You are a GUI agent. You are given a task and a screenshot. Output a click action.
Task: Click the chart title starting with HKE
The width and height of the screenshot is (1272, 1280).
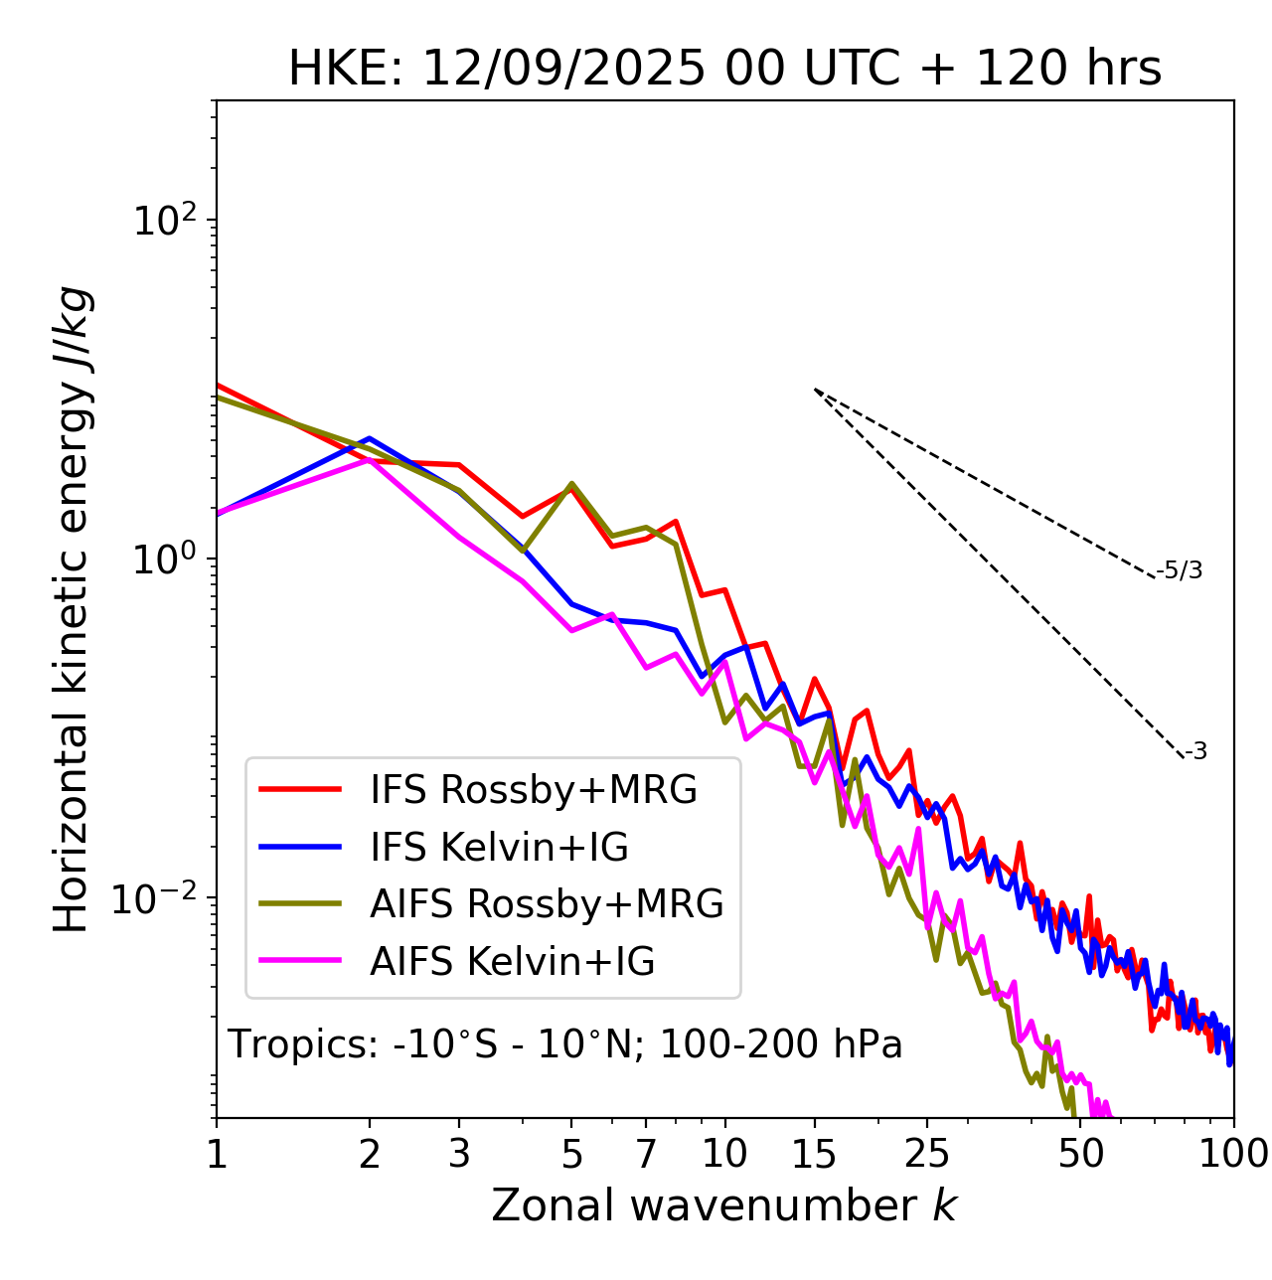[x=724, y=69]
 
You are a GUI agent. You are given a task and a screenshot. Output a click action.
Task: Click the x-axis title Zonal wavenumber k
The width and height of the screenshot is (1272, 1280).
[x=723, y=1204]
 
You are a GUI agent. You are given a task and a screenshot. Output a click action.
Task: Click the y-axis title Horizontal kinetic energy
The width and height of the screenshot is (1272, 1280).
[x=72, y=609]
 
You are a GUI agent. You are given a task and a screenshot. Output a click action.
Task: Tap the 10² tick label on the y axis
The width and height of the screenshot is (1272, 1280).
[x=163, y=220]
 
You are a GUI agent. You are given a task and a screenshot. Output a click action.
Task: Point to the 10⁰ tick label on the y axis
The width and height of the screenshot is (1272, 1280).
[x=163, y=560]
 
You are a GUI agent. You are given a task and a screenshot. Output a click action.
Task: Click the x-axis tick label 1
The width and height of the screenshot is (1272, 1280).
[x=217, y=1154]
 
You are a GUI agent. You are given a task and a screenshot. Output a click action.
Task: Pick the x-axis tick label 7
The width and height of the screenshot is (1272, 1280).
[x=646, y=1154]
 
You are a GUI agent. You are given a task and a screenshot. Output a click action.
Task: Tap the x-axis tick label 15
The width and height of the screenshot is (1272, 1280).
[x=814, y=1154]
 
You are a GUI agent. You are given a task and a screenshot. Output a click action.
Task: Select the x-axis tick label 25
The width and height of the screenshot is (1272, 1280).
[x=926, y=1154]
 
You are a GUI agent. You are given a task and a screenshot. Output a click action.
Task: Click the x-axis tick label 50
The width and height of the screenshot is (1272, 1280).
[x=1080, y=1154]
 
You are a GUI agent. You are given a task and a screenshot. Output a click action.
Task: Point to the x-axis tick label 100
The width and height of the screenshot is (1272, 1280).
[x=1233, y=1154]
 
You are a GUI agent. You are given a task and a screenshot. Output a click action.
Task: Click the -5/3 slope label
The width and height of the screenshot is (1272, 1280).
[x=1180, y=570]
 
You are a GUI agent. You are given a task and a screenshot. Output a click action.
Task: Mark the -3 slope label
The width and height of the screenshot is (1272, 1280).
[x=1195, y=752]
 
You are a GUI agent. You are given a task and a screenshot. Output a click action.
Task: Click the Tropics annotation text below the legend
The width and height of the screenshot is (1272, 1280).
[x=564, y=1044]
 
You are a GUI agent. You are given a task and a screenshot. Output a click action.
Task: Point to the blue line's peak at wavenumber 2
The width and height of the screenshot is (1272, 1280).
[x=370, y=437]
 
